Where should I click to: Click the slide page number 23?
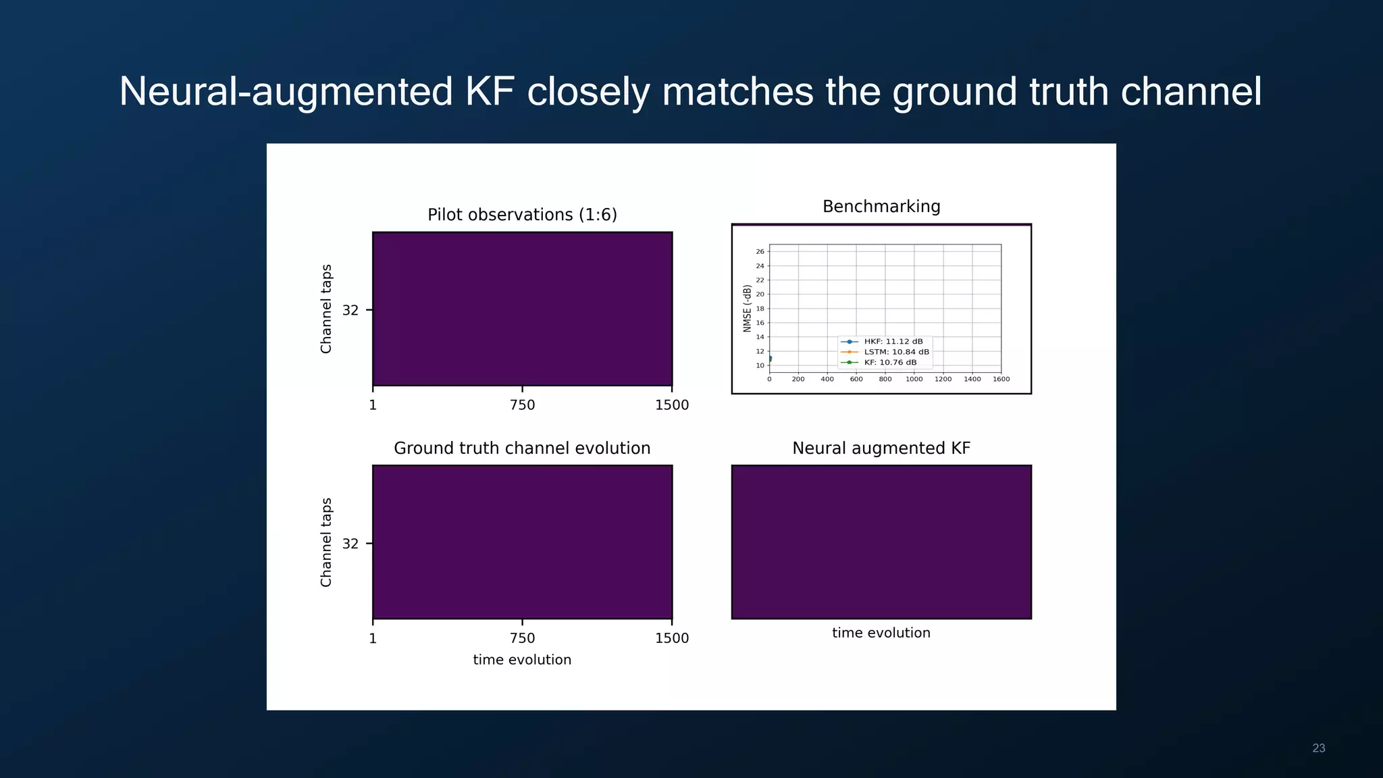(x=1318, y=748)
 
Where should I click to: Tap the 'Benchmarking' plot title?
(x=881, y=207)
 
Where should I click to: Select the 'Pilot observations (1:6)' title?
(x=522, y=215)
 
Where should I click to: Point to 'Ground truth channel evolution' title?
(x=522, y=448)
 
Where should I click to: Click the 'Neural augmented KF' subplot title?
(x=881, y=448)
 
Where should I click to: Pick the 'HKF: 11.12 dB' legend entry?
(x=893, y=342)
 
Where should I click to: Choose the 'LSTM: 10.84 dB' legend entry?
(x=896, y=352)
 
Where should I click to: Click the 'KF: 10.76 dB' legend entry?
(x=890, y=363)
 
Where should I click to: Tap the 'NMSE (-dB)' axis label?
(x=747, y=308)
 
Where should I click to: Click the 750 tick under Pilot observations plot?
(x=522, y=405)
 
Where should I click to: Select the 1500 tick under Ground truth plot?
(x=672, y=638)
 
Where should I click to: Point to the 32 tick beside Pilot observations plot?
(x=350, y=311)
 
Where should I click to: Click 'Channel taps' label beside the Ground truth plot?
(x=326, y=542)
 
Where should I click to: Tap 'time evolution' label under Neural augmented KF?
(x=881, y=633)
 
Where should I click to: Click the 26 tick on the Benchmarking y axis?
(x=760, y=251)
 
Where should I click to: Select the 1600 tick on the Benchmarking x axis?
(x=1001, y=380)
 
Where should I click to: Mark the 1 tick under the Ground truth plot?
(x=373, y=638)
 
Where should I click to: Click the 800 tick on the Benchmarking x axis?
(x=885, y=380)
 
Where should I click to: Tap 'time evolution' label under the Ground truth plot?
(x=522, y=660)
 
